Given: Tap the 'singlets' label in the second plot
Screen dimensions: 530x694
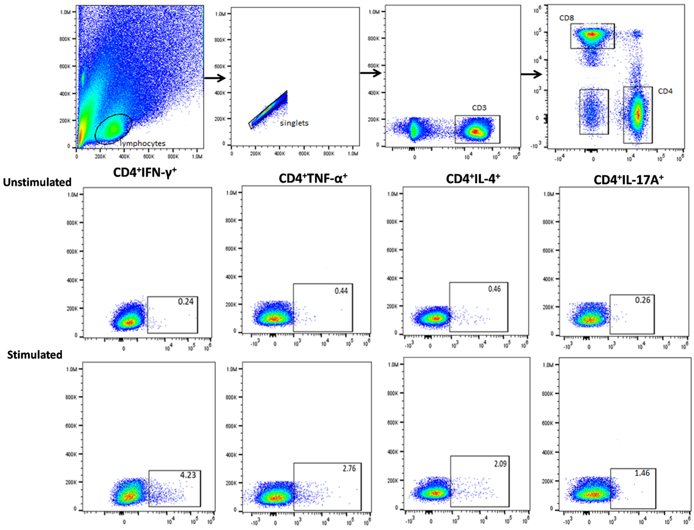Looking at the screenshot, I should point(294,123).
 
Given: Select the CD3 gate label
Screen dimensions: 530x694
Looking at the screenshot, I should point(479,108).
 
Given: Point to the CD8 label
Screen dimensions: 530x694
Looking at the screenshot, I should point(566,18).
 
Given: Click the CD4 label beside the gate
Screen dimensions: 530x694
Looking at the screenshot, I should point(665,91).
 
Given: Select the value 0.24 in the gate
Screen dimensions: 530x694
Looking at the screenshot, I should point(186,302).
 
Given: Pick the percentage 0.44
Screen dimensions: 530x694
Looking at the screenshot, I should point(341,291).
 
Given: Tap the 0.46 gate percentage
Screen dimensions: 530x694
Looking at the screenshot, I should point(494,289).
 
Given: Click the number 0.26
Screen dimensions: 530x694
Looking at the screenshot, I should point(642,300).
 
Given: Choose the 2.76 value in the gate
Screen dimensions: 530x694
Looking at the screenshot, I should point(349,469).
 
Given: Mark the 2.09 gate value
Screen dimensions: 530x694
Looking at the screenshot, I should point(500,464).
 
